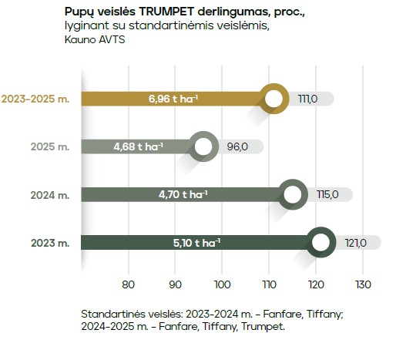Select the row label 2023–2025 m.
coord(35,99)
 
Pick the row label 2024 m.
coord(49,195)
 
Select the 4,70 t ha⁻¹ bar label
coord(183,195)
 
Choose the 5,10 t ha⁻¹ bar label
coord(196,243)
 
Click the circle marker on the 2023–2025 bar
coord(273,99)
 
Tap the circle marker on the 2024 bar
coord(292,195)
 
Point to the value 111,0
coord(307,99)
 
